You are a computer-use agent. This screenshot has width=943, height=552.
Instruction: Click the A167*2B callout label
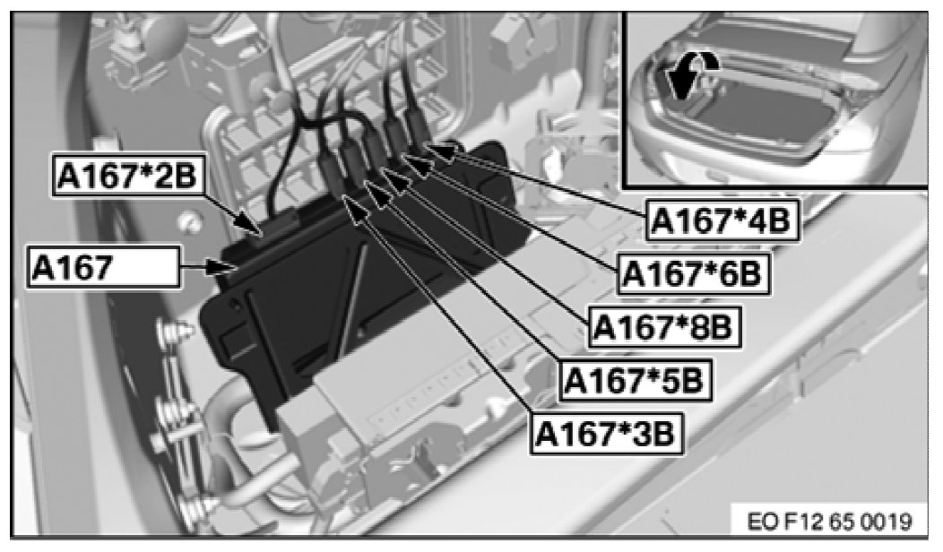127,176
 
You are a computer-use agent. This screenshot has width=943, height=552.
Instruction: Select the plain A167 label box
103,266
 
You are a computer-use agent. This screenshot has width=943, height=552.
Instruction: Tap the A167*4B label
721,220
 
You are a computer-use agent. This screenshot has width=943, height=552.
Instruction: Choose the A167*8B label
663,327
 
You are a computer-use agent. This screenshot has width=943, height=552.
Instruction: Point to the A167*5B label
635,381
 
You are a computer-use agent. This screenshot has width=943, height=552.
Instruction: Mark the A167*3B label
607,434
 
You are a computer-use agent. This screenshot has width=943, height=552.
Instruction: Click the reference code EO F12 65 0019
830,522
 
